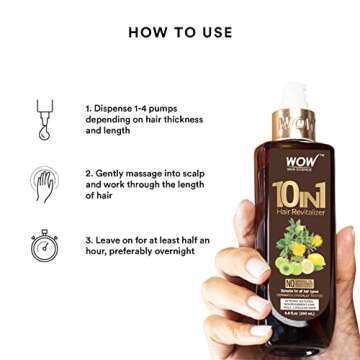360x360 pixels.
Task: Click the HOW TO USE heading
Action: coord(179,32)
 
